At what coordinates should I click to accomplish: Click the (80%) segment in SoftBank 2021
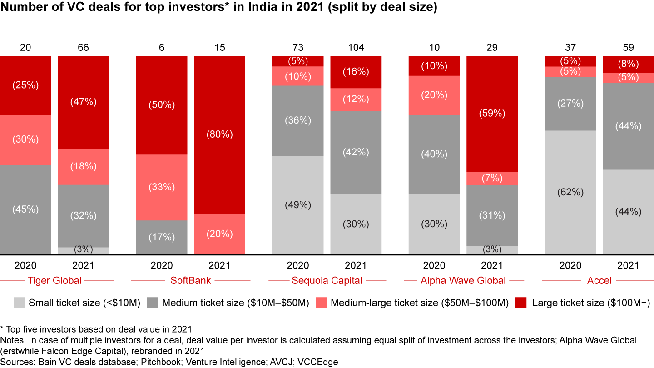(x=219, y=134)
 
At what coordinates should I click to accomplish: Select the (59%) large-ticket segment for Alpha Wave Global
(x=492, y=114)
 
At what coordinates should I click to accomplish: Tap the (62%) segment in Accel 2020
(x=570, y=192)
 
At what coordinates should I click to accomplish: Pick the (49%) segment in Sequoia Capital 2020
(x=298, y=205)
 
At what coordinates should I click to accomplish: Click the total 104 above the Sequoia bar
(x=356, y=48)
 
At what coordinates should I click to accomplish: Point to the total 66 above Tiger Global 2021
(x=83, y=48)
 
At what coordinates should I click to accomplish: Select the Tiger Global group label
(x=54, y=280)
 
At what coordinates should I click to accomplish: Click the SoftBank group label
(x=191, y=280)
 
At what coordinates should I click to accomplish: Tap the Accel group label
(x=599, y=280)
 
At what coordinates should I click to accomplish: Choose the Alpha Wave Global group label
(x=463, y=280)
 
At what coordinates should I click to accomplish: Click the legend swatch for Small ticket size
(x=19, y=303)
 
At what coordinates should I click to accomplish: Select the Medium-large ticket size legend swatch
(x=322, y=303)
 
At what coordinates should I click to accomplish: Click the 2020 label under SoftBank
(x=162, y=266)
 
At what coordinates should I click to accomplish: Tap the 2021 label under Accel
(x=628, y=266)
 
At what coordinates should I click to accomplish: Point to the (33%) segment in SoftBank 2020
(x=162, y=187)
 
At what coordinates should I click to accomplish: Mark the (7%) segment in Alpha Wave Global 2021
(x=492, y=178)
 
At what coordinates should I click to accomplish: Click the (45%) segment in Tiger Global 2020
(x=25, y=209)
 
